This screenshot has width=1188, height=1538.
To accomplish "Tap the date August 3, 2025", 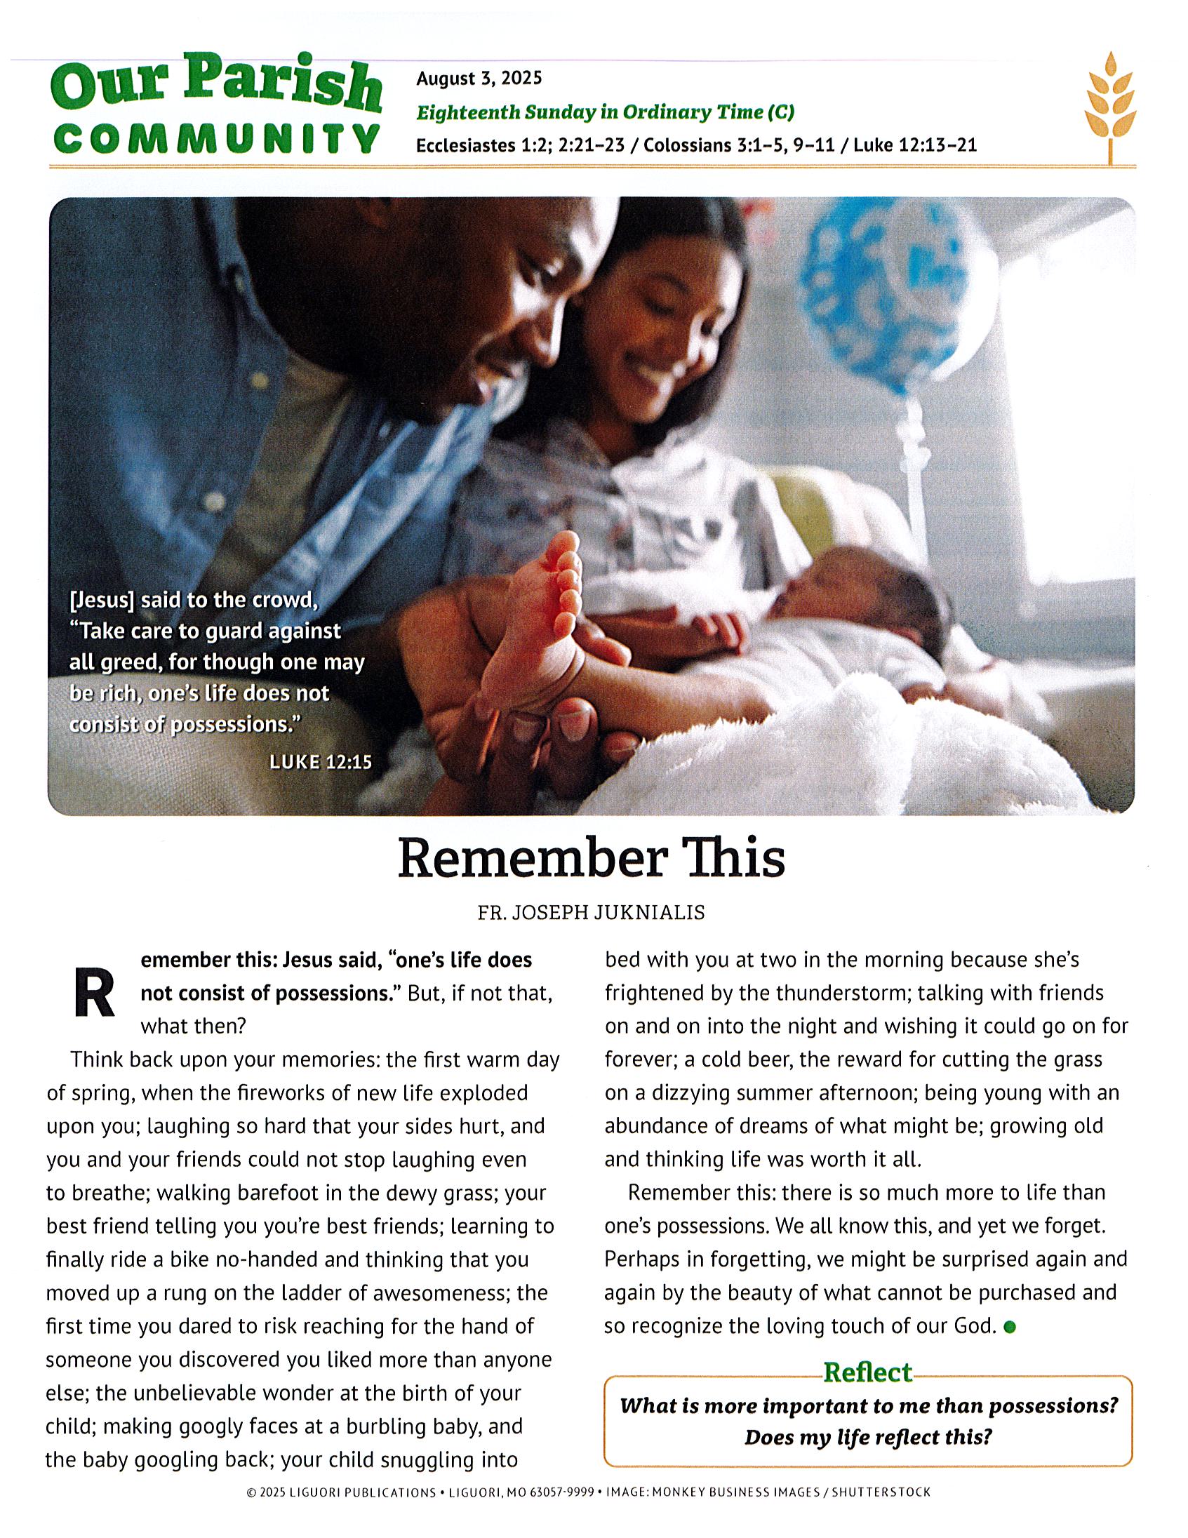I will click(x=479, y=78).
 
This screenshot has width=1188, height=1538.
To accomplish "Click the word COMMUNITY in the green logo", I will click(x=217, y=138).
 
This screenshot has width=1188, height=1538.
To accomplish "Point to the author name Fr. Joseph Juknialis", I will click(x=591, y=914).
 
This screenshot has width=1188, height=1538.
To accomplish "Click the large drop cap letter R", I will click(x=93, y=995).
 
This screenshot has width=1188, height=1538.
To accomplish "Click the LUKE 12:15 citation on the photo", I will click(x=321, y=762).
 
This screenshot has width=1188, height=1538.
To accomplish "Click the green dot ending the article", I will click(x=1009, y=1328).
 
